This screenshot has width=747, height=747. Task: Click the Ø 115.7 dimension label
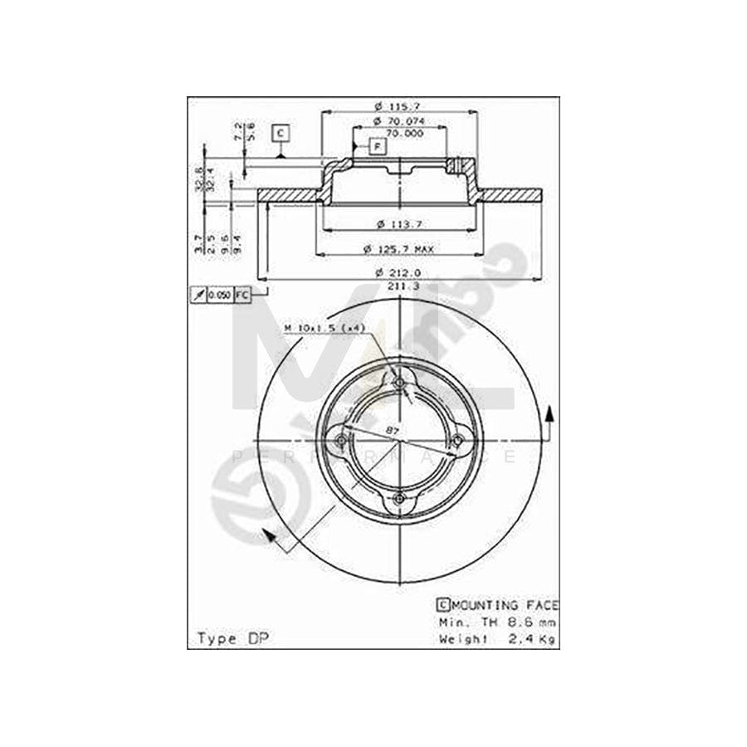pyautogui.click(x=398, y=106)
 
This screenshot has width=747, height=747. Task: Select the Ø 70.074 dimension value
pyautogui.click(x=398, y=121)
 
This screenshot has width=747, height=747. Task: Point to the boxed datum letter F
pyautogui.click(x=378, y=147)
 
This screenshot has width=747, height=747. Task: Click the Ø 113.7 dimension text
pyautogui.click(x=398, y=223)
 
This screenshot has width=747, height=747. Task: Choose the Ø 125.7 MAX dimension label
pyautogui.click(x=406, y=248)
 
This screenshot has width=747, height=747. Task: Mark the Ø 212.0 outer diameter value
pyautogui.click(x=398, y=272)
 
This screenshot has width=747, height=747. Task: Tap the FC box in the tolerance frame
pyautogui.click(x=242, y=295)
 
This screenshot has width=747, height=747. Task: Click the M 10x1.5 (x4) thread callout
pyautogui.click(x=325, y=329)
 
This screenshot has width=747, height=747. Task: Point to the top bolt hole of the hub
pyautogui.click(x=399, y=383)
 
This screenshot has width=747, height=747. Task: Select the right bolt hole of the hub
pyautogui.click(x=456, y=440)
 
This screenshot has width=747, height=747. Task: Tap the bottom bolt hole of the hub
pyautogui.click(x=399, y=497)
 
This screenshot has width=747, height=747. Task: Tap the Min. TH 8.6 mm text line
pyautogui.click(x=496, y=622)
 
